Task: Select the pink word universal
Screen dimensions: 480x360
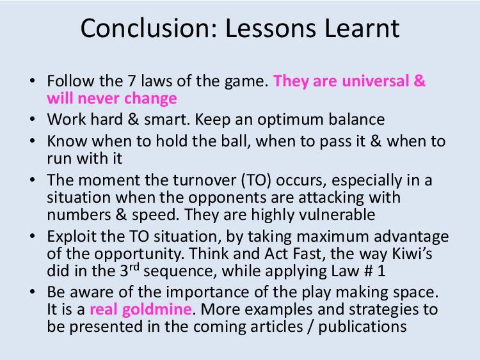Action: pos(375,81)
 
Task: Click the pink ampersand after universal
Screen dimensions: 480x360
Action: pos(419,81)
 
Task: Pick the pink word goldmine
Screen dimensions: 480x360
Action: pos(157,309)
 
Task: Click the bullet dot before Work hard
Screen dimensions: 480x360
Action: pos(33,119)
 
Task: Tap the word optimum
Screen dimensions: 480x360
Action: pos(290,120)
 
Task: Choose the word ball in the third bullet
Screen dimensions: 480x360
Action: pos(236,141)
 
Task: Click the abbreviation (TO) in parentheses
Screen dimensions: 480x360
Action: pos(256,180)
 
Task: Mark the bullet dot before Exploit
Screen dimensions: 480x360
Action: pos(33,236)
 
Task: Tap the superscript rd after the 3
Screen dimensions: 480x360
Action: pos(134,267)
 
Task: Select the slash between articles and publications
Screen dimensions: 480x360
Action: pos(310,327)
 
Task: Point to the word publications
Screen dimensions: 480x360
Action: pos(362,327)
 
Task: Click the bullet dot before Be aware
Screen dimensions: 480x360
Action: pos(33,292)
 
